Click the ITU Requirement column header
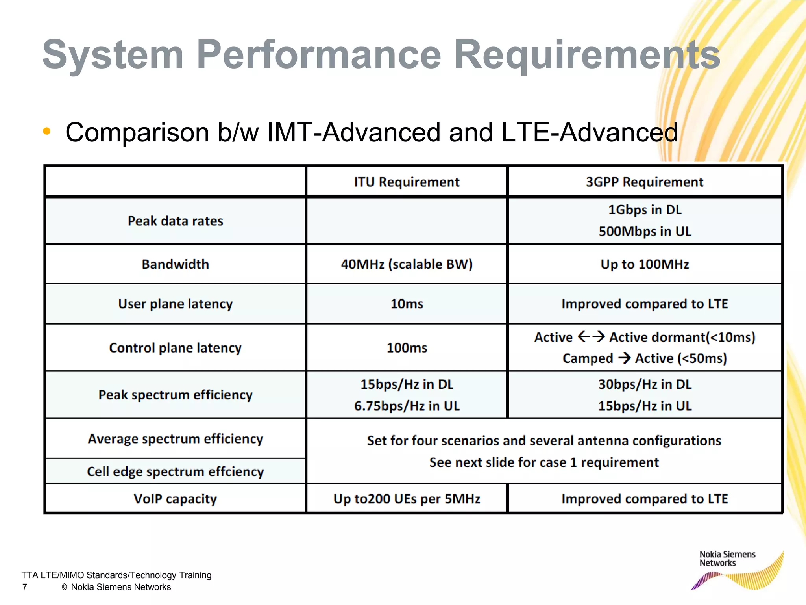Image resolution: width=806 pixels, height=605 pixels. (x=406, y=182)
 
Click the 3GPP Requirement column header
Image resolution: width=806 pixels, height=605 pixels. (x=644, y=182)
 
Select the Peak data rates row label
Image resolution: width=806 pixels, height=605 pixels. (x=175, y=221)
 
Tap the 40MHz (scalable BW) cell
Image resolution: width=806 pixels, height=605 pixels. (x=406, y=264)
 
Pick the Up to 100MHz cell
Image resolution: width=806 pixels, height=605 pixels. (x=644, y=264)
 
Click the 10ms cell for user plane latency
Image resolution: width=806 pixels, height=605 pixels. (x=406, y=304)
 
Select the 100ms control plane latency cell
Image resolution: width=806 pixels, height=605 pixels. (x=406, y=348)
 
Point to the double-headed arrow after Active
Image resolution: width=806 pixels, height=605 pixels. (x=591, y=337)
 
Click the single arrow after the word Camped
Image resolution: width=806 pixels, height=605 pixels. (x=624, y=358)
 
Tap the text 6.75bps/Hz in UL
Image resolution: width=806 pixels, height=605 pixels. (x=406, y=406)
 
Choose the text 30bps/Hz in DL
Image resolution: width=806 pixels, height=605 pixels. (x=644, y=384)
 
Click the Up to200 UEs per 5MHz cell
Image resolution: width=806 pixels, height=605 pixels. (x=406, y=499)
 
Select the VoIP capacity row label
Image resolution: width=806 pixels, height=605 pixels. (x=175, y=499)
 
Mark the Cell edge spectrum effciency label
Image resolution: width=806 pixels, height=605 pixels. (x=175, y=471)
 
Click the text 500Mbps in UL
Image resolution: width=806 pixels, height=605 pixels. (x=644, y=232)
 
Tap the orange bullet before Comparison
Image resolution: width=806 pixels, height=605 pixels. (x=47, y=132)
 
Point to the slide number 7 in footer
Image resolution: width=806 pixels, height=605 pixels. (x=25, y=587)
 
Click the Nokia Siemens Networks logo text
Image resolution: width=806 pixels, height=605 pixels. (x=727, y=559)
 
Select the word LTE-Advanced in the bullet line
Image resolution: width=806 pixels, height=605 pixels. (x=589, y=132)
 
